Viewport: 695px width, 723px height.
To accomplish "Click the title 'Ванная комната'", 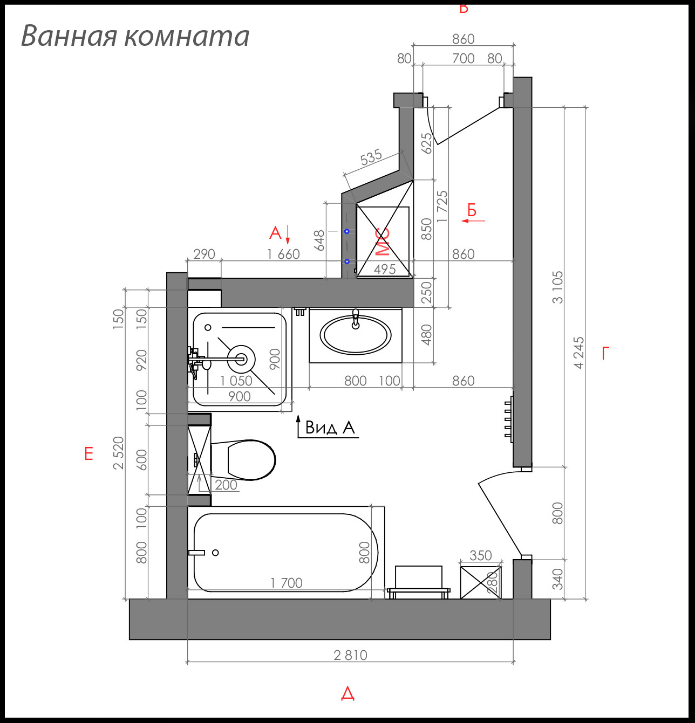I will coord(135,36).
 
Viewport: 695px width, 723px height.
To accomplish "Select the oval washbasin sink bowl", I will coord(356,335).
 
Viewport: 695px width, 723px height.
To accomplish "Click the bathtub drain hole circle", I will coord(215,553).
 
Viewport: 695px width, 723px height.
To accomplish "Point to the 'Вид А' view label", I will coord(330,428).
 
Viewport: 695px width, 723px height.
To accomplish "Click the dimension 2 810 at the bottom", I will coord(350,655).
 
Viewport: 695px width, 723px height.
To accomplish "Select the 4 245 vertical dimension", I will coord(579,353).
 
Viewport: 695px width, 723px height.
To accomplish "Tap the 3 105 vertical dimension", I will coord(557,287).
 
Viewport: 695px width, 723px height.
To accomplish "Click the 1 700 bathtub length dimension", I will coord(286,583).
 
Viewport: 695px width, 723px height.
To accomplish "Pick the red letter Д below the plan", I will coord(347,693).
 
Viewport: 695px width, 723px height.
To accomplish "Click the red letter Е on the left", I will coord(88,454).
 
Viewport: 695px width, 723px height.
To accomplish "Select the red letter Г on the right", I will coord(605,354).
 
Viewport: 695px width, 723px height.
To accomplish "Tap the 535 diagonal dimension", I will coord(371,157).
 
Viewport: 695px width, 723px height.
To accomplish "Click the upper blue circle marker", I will coord(347,231).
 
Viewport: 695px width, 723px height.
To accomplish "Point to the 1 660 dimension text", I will coord(283,254).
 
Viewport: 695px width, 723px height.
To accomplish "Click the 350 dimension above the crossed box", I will coord(480,555).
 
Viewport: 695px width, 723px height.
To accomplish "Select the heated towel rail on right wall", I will coord(509,419).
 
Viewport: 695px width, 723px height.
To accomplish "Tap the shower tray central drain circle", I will coord(241,359).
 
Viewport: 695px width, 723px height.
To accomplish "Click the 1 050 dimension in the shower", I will coord(236,381).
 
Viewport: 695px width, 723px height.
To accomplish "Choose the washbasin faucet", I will coord(355,319).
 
